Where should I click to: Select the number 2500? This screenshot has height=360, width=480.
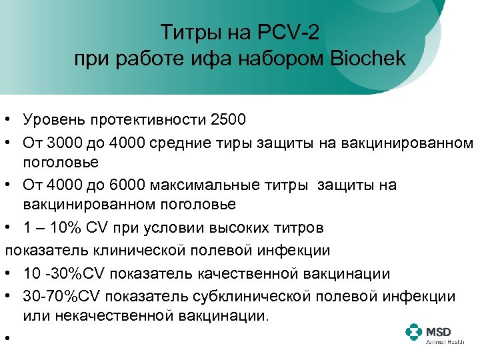[228, 120]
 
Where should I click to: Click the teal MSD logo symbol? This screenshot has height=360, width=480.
[413, 332]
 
